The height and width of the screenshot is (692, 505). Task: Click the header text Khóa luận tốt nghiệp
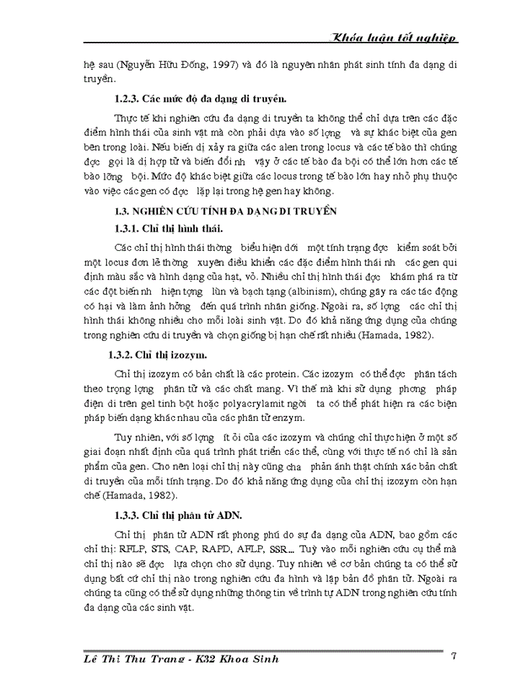(x=392, y=38)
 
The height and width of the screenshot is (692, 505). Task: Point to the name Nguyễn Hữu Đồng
(x=149, y=66)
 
